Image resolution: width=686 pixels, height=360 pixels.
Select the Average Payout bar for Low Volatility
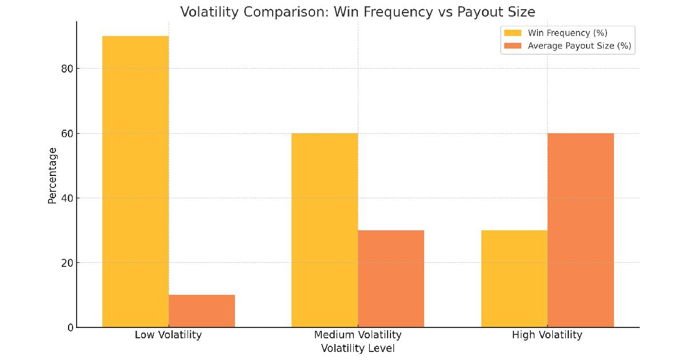[202, 311]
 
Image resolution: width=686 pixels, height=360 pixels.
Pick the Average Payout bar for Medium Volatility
[391, 279]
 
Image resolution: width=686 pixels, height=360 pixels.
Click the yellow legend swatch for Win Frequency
[513, 33]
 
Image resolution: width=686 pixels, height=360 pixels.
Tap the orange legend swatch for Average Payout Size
[513, 46]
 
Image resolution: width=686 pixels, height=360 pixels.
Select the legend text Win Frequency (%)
[567, 33]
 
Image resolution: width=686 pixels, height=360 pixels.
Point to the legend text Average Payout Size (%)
[579, 46]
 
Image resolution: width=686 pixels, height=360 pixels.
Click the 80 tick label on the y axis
[67, 69]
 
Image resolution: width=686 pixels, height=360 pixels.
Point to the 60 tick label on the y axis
[67, 134]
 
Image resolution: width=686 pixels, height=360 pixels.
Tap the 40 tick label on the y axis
[67, 198]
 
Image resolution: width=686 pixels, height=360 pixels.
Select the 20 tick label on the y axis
[67, 263]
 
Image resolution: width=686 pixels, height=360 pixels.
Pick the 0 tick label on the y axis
[70, 327]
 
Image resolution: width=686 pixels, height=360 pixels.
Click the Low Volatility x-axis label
[168, 335]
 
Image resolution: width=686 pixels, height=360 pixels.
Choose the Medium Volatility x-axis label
[358, 335]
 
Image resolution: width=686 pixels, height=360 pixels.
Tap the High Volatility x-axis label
[547, 335]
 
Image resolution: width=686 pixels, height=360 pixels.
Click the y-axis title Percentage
[53, 175]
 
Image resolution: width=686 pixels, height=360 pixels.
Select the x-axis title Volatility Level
[358, 349]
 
